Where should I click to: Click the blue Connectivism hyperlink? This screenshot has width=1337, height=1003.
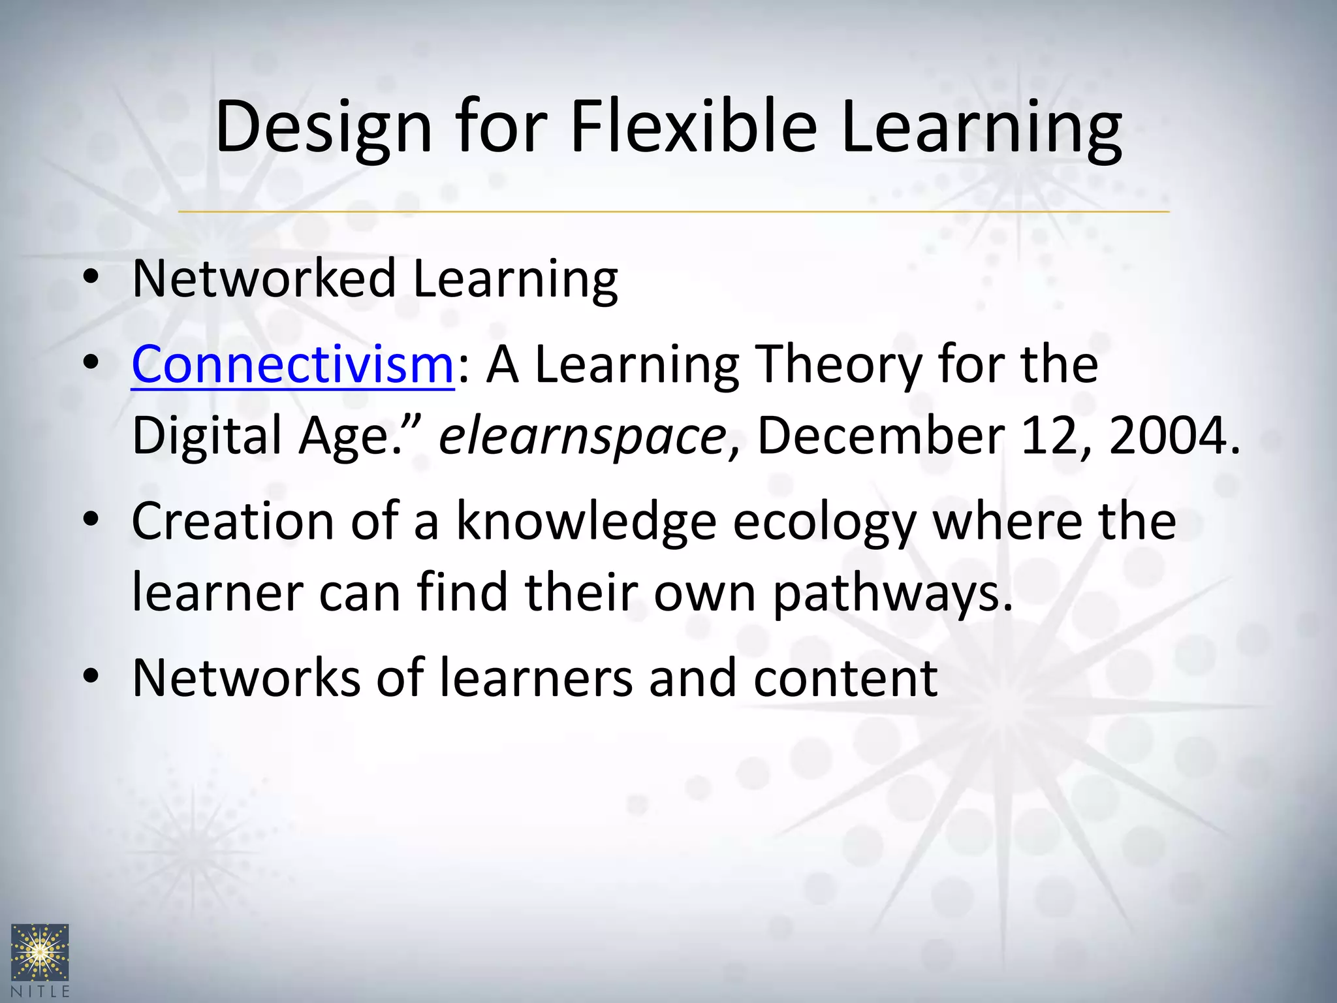[x=292, y=364]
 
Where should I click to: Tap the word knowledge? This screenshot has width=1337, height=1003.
[x=586, y=522]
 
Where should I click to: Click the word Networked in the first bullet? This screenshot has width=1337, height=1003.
[x=264, y=279]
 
